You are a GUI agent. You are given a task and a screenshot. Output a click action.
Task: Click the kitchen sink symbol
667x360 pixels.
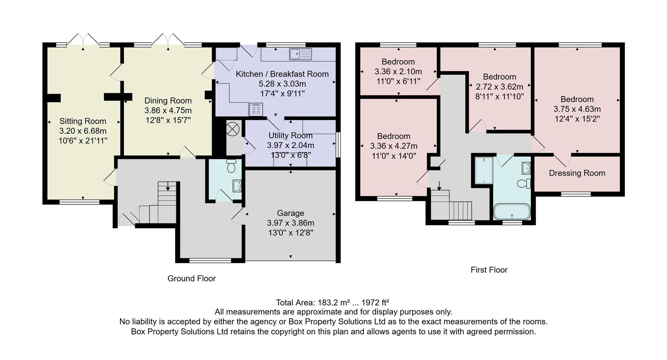click(300, 54)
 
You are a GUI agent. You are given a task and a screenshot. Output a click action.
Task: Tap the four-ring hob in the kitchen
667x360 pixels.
click(256, 109)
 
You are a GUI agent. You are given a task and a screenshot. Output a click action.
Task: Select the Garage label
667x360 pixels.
click(290, 213)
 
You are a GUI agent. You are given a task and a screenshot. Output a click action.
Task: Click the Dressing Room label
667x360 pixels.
click(577, 173)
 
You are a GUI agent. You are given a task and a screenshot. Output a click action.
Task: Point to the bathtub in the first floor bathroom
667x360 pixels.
click(512, 211)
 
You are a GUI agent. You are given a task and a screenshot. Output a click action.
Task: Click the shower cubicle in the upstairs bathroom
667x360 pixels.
click(484, 170)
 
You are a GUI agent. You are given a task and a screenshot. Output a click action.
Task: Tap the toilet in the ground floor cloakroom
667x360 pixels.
click(231, 167)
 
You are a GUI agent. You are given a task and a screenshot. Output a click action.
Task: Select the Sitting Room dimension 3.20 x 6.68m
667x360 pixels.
click(83, 131)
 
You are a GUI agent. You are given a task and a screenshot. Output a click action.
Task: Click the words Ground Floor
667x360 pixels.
click(191, 278)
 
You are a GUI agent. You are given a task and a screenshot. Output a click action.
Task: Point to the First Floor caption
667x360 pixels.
click(489, 270)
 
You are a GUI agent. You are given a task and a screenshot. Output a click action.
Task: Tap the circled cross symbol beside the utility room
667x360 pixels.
click(233, 129)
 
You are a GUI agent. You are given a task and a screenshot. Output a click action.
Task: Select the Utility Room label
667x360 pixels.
click(290, 135)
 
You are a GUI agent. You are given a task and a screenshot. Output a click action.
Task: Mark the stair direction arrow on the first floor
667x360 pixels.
click(439, 186)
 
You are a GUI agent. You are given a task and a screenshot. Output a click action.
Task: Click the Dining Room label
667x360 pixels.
click(168, 101)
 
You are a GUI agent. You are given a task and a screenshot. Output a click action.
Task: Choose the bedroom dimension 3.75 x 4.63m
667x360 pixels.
click(577, 109)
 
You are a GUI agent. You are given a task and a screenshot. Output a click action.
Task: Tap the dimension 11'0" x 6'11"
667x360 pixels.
click(398, 81)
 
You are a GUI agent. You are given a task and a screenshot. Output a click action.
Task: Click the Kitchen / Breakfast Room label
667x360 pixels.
click(282, 74)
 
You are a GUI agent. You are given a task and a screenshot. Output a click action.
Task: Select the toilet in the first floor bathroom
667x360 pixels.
click(523, 183)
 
